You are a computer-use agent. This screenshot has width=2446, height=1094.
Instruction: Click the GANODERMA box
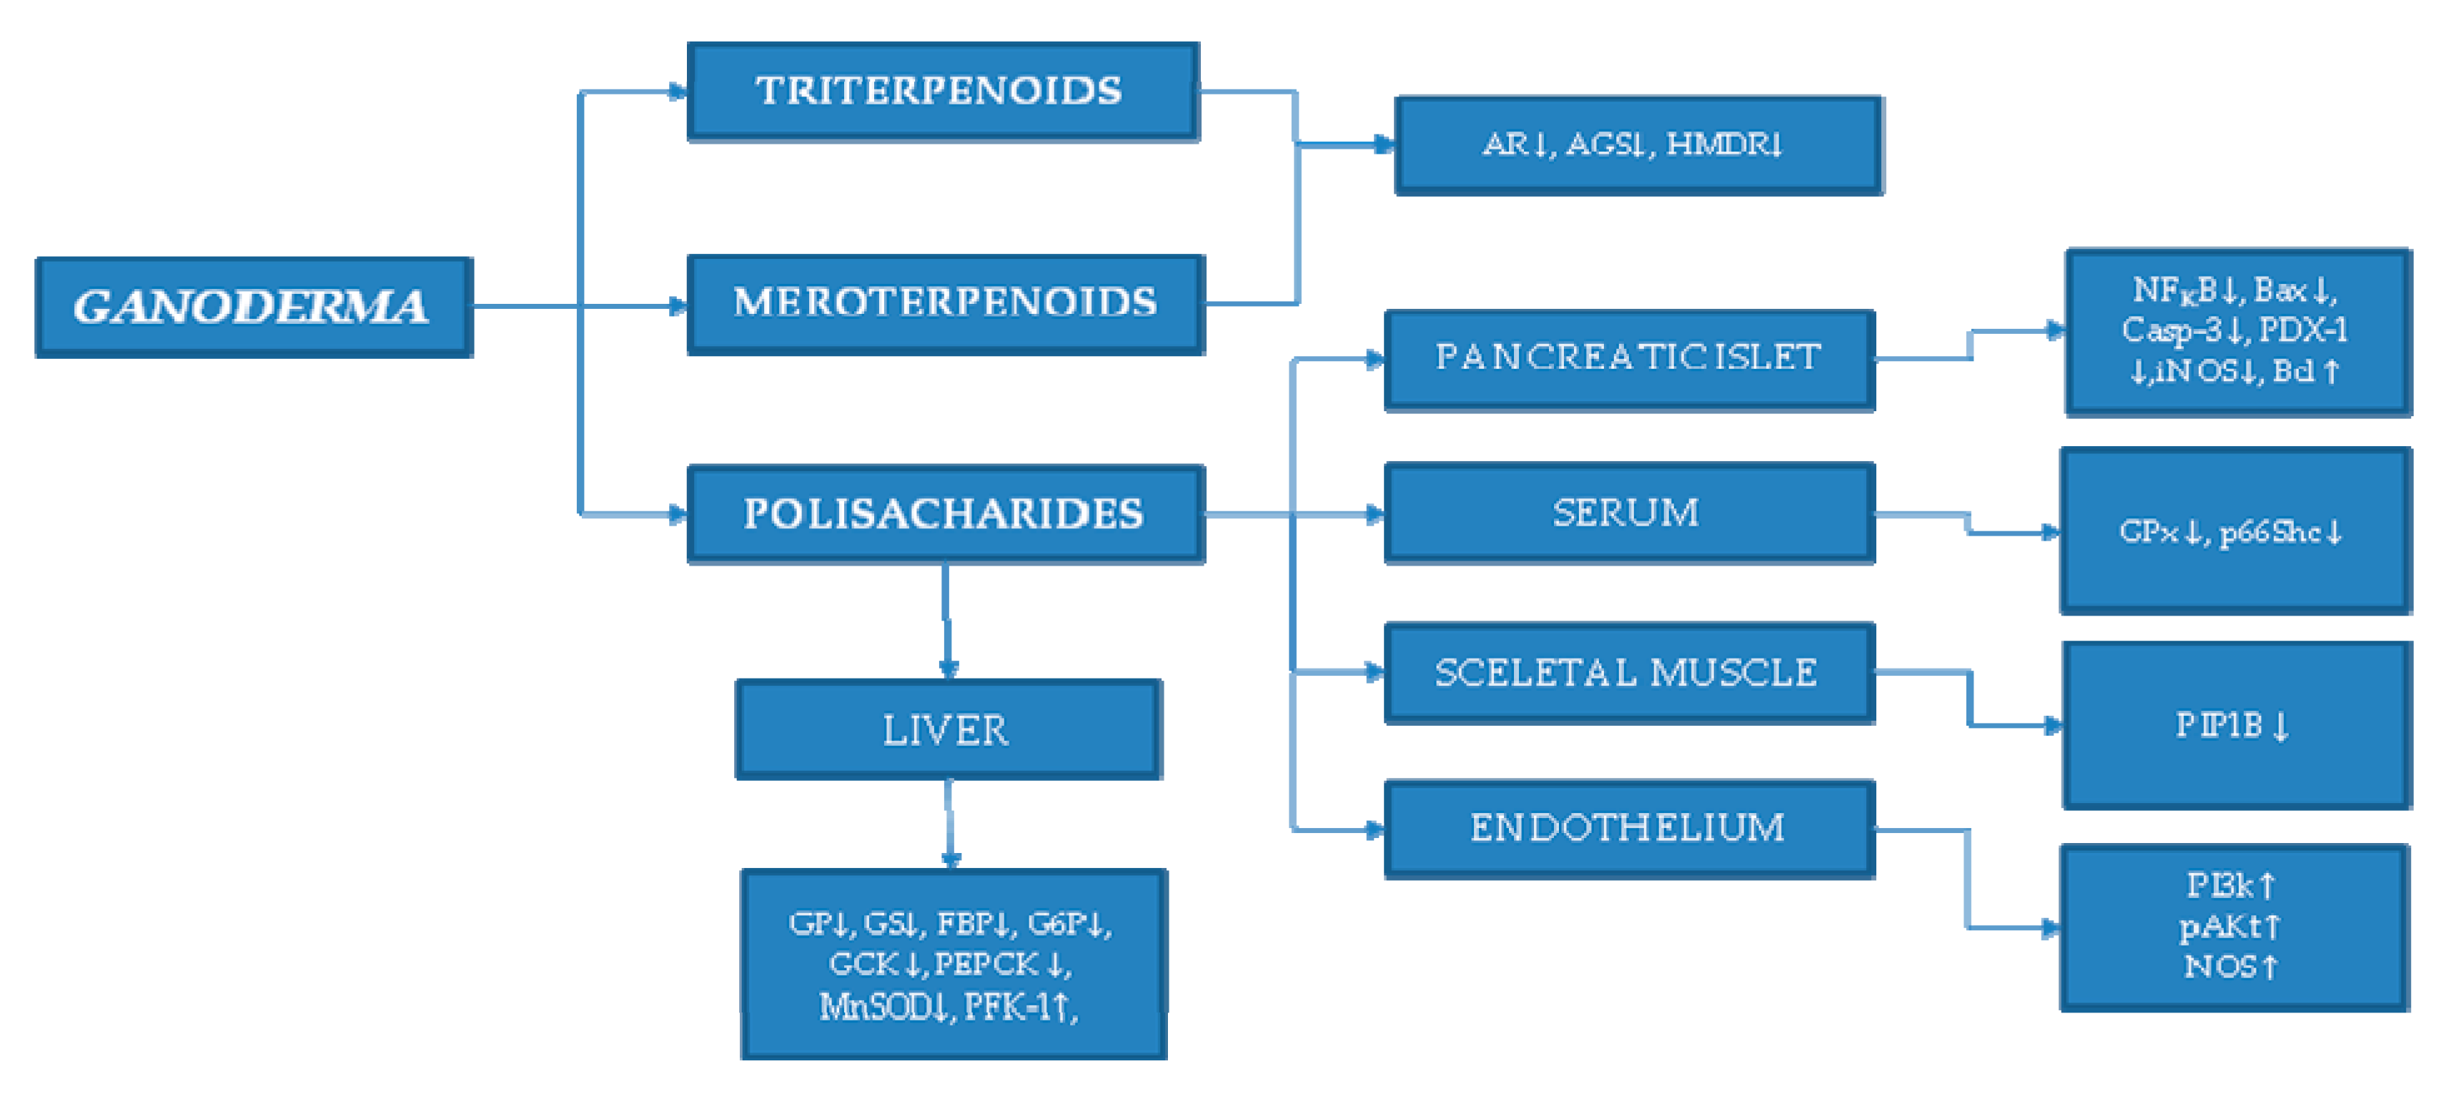[x=254, y=307]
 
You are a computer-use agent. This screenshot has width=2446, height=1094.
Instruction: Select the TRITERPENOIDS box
[x=942, y=92]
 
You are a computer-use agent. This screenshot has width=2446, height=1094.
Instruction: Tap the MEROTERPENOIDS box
[x=946, y=304]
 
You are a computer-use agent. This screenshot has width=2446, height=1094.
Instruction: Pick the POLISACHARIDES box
[x=946, y=514]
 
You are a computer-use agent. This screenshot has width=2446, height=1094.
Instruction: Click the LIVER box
[x=948, y=729]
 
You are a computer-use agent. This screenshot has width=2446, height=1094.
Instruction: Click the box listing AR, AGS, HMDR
[x=1638, y=144]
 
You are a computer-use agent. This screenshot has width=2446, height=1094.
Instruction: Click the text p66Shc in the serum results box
[x=2269, y=532]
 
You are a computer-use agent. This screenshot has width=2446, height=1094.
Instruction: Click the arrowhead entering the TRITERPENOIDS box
[x=678, y=92]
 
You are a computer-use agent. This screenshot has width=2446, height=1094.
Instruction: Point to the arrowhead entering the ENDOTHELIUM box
[x=1374, y=829]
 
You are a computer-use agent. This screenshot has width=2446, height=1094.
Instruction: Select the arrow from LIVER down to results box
[x=949, y=822]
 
